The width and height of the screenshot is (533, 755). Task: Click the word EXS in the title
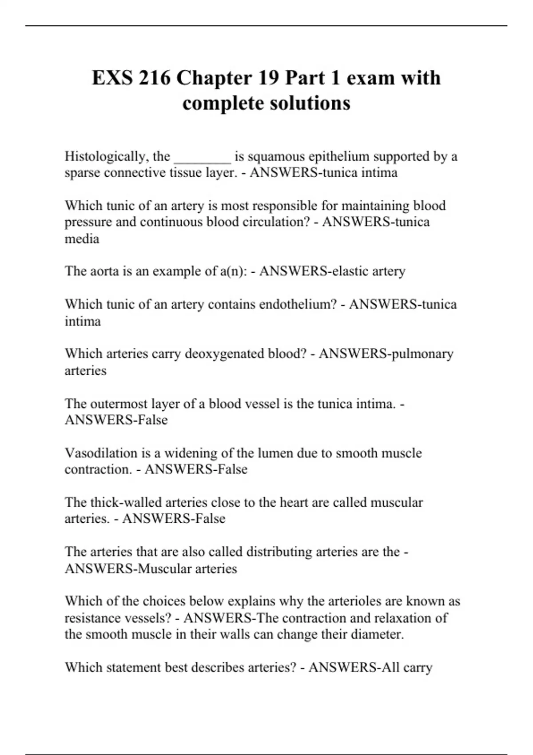(112, 78)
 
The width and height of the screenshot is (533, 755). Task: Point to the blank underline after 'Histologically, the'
(203, 159)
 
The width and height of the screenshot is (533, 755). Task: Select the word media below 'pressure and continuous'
(82, 239)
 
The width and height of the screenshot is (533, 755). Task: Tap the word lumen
(263, 453)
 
